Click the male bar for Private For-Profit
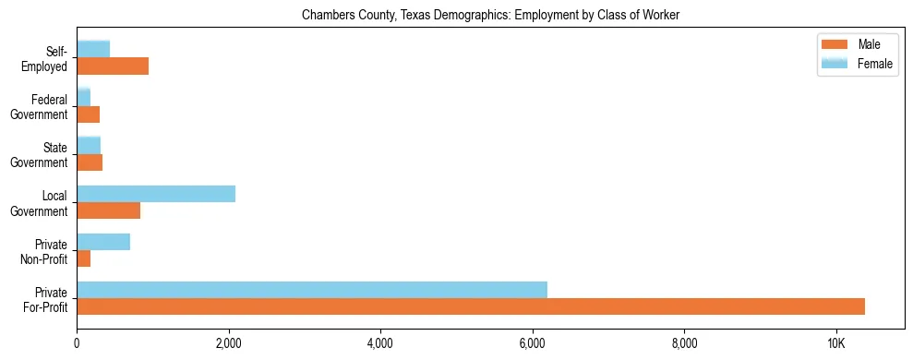click(471, 306)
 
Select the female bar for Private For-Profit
click(312, 290)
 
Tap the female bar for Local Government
click(156, 194)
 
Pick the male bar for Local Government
click(109, 210)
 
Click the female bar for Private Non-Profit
click(103, 242)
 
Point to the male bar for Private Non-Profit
click(84, 258)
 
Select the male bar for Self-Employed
click(113, 66)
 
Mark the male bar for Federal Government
click(89, 114)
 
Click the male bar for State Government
click(90, 162)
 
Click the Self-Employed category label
click(44, 59)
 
